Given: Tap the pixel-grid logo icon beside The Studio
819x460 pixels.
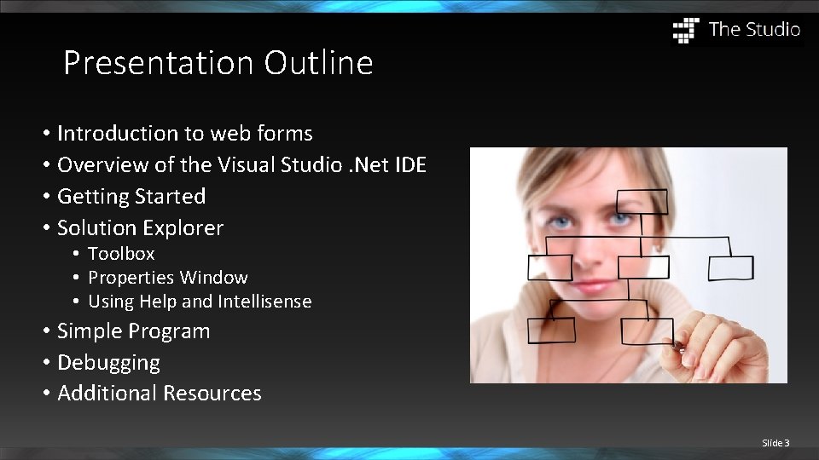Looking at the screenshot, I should [x=686, y=30].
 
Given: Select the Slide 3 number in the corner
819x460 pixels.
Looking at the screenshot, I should [x=775, y=443].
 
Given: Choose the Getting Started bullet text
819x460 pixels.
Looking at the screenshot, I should [x=131, y=196].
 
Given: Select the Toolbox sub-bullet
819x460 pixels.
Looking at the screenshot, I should [x=121, y=253].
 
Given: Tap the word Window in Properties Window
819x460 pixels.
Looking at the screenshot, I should [x=219, y=278].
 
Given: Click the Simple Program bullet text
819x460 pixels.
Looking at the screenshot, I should [x=133, y=331].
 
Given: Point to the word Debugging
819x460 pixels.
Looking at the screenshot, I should [x=108, y=363].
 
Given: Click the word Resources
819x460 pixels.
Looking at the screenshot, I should [x=212, y=394].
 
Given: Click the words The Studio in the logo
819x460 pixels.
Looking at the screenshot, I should [x=754, y=30].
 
